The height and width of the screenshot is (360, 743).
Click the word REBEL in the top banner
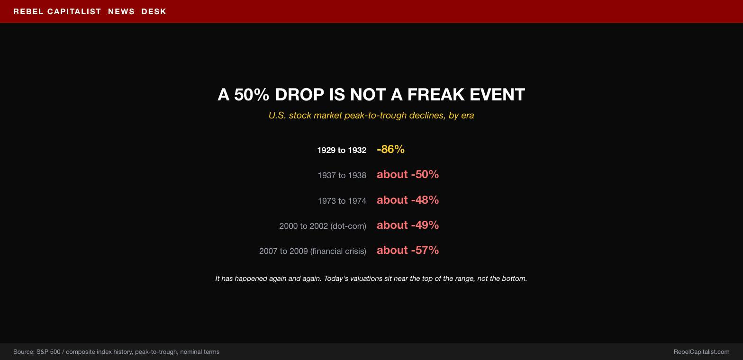point(28,11)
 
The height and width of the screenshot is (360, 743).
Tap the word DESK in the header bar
point(154,11)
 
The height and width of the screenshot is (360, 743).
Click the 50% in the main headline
point(252,94)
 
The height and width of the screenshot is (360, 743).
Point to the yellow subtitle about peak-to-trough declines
point(371,116)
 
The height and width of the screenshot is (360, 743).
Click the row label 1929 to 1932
point(342,150)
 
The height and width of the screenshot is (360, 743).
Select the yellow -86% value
point(391,149)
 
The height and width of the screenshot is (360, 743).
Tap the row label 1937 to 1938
point(342,175)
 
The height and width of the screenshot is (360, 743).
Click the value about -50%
point(408,174)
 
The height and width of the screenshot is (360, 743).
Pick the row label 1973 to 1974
point(342,201)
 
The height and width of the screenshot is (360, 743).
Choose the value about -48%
point(408,200)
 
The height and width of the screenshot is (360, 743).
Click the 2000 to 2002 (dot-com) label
point(323,226)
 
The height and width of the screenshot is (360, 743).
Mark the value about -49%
point(408,225)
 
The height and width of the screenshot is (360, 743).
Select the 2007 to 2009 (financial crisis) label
point(313,251)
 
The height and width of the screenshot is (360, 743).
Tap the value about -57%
point(408,250)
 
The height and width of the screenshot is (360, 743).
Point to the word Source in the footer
point(24,352)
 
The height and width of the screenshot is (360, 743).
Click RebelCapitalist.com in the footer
point(701,352)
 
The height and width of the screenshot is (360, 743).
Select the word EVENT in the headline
point(497,94)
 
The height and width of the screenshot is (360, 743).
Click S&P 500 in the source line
point(48,352)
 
